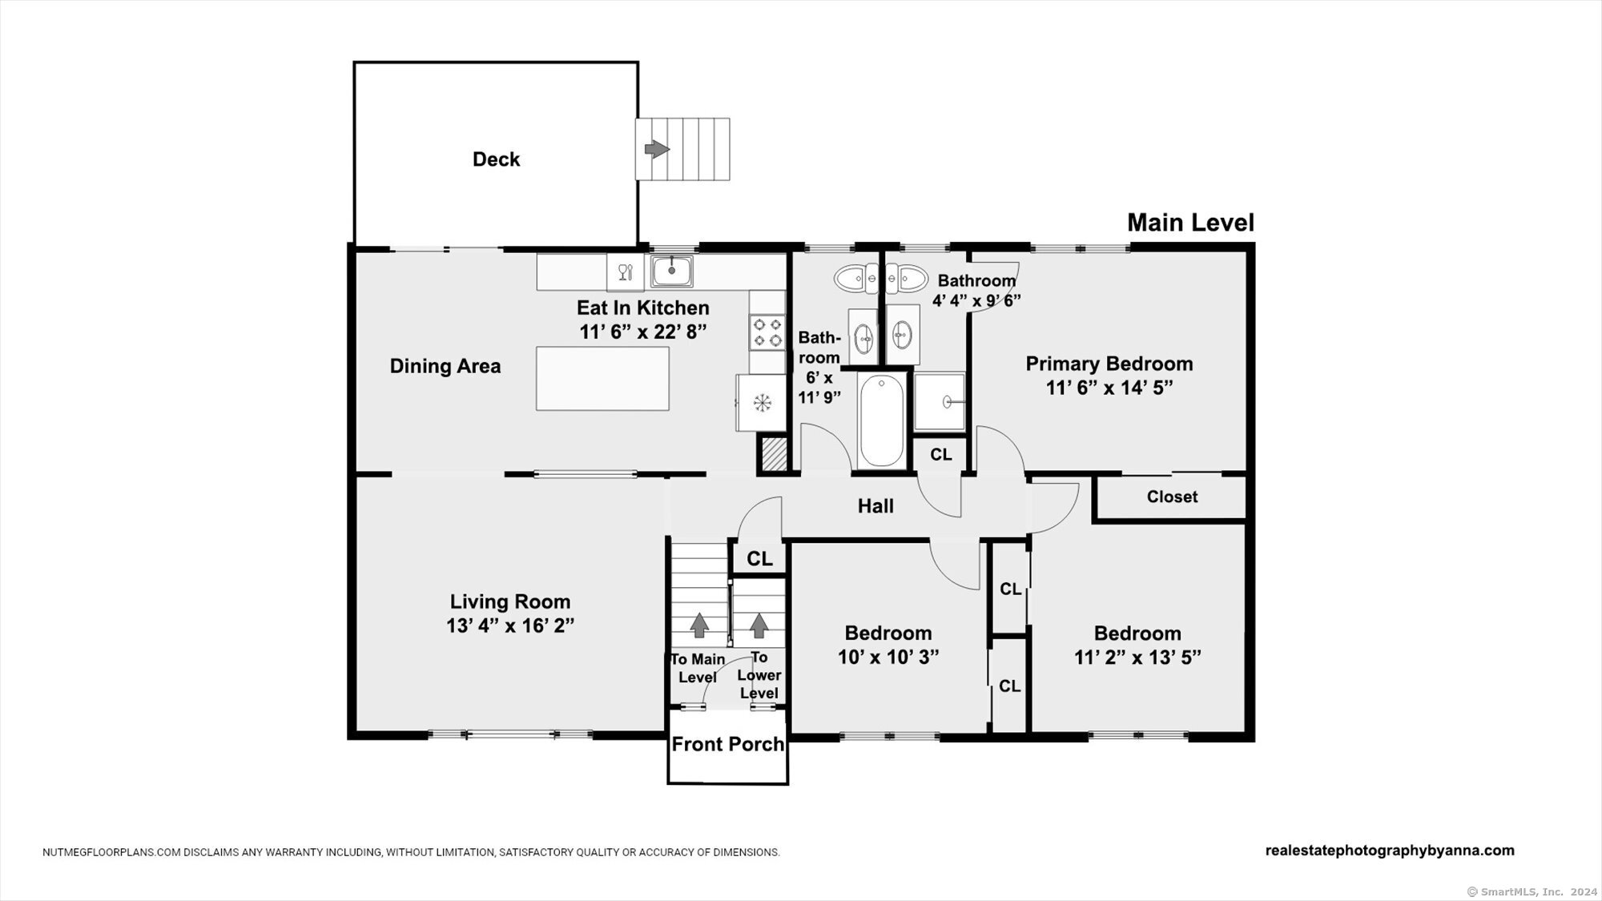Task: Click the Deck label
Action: (496, 159)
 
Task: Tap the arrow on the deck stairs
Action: (657, 149)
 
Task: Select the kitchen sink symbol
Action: (672, 271)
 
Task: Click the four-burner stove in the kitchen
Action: (766, 332)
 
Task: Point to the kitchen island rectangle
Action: (602, 378)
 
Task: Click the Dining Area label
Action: (445, 366)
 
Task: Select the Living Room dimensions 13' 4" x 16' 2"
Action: (510, 625)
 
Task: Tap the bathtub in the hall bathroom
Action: (881, 420)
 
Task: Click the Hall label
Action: (875, 506)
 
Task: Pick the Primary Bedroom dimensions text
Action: (1109, 388)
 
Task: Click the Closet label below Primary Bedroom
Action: (1172, 497)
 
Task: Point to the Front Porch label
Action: (727, 744)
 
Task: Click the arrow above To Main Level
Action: (699, 625)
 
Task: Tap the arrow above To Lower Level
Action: (759, 625)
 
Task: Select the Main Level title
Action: (1190, 223)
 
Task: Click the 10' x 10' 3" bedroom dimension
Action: (888, 658)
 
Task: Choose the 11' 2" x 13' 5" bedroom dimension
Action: (1137, 658)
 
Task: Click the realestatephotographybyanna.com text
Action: (1390, 851)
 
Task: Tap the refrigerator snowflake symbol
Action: (762, 403)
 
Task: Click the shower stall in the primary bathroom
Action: (940, 400)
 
